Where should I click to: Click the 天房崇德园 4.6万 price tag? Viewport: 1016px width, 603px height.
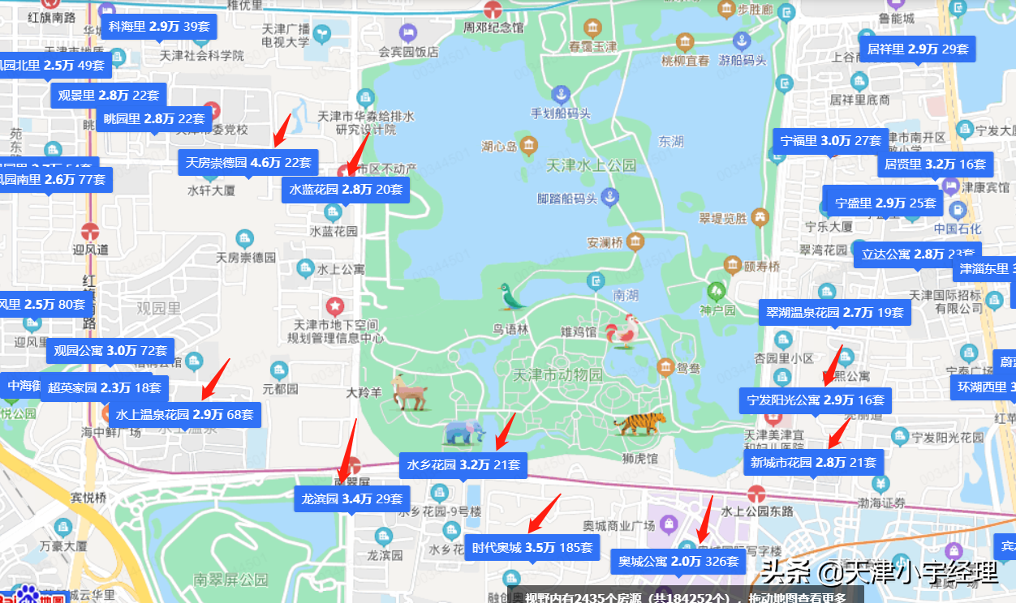pos(248,162)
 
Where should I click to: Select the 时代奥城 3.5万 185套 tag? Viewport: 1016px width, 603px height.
pos(532,547)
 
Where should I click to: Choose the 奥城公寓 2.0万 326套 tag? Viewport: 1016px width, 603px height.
pos(678,561)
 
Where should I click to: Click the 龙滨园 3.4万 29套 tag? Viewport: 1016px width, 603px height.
pos(351,498)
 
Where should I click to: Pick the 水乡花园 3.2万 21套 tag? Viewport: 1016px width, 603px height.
pos(463,465)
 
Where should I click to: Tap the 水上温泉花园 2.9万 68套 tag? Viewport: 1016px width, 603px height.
pos(184,414)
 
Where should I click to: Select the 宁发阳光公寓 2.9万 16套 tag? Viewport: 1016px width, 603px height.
pos(816,400)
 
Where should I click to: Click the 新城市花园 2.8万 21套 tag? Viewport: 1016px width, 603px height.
pos(813,463)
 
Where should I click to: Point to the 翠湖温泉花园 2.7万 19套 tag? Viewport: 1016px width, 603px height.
pos(834,312)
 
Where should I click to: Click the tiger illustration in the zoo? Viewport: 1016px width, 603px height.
pos(639,422)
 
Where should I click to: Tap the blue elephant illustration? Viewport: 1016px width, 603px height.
pos(463,432)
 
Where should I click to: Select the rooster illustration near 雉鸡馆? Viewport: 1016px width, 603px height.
pos(622,331)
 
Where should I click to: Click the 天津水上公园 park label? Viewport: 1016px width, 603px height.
pos(592,165)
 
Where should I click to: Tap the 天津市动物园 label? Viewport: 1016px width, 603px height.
pos(558,375)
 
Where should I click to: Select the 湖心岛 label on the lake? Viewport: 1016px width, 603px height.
pos(499,147)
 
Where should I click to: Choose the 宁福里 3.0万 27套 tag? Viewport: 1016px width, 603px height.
pos(830,140)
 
